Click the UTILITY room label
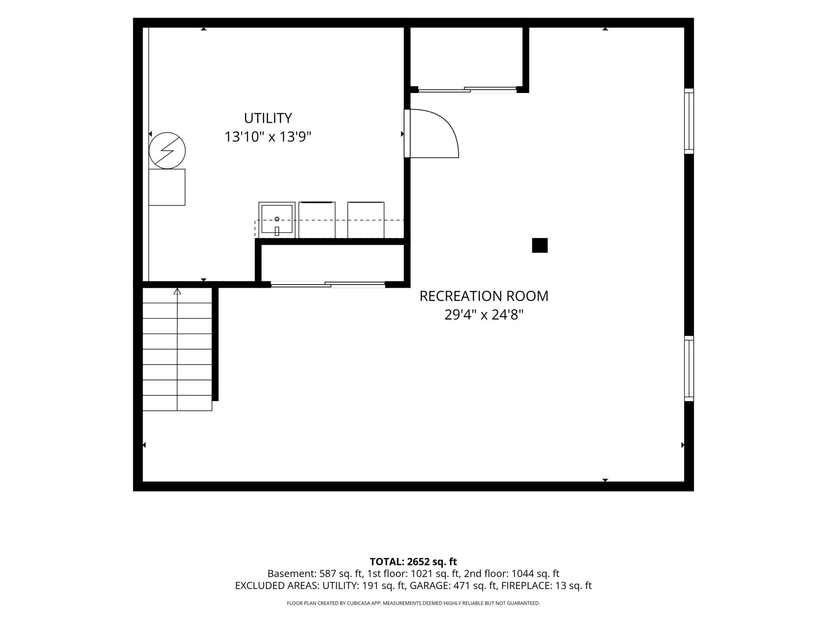pyautogui.click(x=268, y=118)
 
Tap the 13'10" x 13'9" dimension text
pyautogui.click(x=268, y=137)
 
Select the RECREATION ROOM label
pyautogui.click(x=484, y=296)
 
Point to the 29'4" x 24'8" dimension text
pyautogui.click(x=484, y=315)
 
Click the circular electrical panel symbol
pyautogui.click(x=167, y=151)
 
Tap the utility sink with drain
pyautogui.click(x=277, y=220)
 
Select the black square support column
pyautogui.click(x=540, y=245)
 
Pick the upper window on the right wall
pyautogui.click(x=689, y=121)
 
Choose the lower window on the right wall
pyautogui.click(x=689, y=368)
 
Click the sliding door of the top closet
pyautogui.click(x=467, y=89)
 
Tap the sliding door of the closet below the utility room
pyautogui.click(x=328, y=284)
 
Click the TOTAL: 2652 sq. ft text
pyautogui.click(x=413, y=562)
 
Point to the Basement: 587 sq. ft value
pyautogui.click(x=315, y=573)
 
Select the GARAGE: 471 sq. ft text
pyautogui.click(x=453, y=585)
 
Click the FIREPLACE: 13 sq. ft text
pyautogui.click(x=546, y=585)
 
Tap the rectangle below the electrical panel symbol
pyautogui.click(x=167, y=187)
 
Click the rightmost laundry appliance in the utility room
pyautogui.click(x=366, y=220)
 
